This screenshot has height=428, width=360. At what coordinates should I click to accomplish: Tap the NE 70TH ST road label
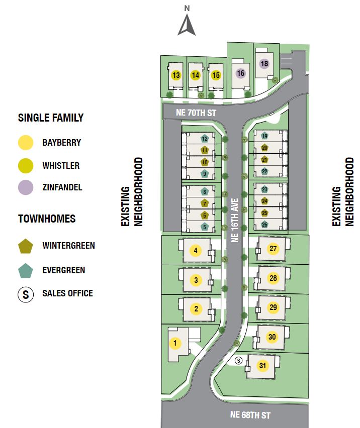pos(196,113)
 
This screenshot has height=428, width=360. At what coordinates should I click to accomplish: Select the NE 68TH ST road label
pos(250,415)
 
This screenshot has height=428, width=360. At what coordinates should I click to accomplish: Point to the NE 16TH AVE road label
pos(234,219)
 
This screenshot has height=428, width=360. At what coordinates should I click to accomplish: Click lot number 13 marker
pos(176,75)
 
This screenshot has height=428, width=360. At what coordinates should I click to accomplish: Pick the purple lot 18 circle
pos(264,64)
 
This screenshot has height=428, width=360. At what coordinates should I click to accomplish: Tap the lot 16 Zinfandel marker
pos(240,73)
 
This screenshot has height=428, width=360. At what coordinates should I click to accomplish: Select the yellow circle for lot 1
pos(175,344)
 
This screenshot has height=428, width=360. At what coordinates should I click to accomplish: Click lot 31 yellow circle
pos(262,366)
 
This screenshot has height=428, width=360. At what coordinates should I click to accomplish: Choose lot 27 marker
pos(273,249)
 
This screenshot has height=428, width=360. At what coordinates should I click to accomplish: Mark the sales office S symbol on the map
pos(239,360)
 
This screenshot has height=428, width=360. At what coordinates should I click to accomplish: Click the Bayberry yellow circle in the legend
pos(26,143)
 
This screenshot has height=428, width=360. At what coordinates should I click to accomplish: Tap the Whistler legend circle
pos(26,165)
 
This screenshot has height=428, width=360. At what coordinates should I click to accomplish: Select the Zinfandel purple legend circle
pos(26,187)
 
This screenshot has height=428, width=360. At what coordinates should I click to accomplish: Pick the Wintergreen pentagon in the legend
pos(26,246)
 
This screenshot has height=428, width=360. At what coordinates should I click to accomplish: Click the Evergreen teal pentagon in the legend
pos(26,270)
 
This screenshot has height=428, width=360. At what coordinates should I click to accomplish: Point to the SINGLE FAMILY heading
pos(51,118)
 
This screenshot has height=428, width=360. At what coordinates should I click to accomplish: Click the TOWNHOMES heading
pos(47,219)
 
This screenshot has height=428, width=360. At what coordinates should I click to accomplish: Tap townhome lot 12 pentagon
pos(205,138)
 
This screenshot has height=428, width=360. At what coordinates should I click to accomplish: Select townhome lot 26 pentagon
pos(264,225)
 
